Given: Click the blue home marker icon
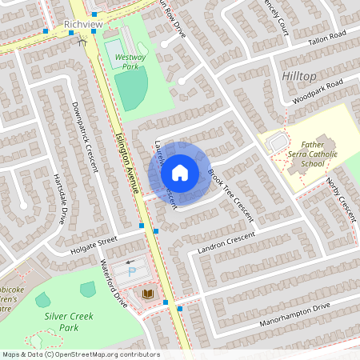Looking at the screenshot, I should pos(180,172).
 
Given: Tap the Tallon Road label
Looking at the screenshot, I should pos(326,37).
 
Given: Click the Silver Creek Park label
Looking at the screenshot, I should pos(68,322).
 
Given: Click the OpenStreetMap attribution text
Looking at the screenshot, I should pos(80,354).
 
